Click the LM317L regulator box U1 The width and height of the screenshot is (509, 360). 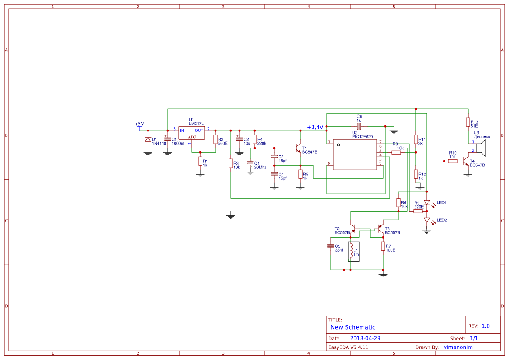(191, 133)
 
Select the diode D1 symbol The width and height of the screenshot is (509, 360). (148, 140)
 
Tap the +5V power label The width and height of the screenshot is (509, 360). (139, 124)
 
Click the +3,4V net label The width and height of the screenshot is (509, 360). (315, 127)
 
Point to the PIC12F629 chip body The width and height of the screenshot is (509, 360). (355, 155)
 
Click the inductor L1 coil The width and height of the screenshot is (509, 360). (351, 251)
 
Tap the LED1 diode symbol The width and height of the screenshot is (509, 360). (427, 202)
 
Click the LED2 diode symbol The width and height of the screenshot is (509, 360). (427, 220)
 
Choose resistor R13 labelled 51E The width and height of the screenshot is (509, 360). (468, 122)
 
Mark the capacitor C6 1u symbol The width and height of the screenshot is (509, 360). (359, 126)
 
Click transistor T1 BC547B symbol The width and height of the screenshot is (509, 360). (298, 148)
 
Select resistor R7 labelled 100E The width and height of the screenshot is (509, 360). (383, 246)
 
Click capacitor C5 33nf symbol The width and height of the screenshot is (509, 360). (330, 246)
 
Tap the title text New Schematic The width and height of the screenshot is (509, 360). (353, 327)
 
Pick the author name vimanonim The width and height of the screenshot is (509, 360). (458, 347)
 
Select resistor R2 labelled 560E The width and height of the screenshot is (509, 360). (216, 139)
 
